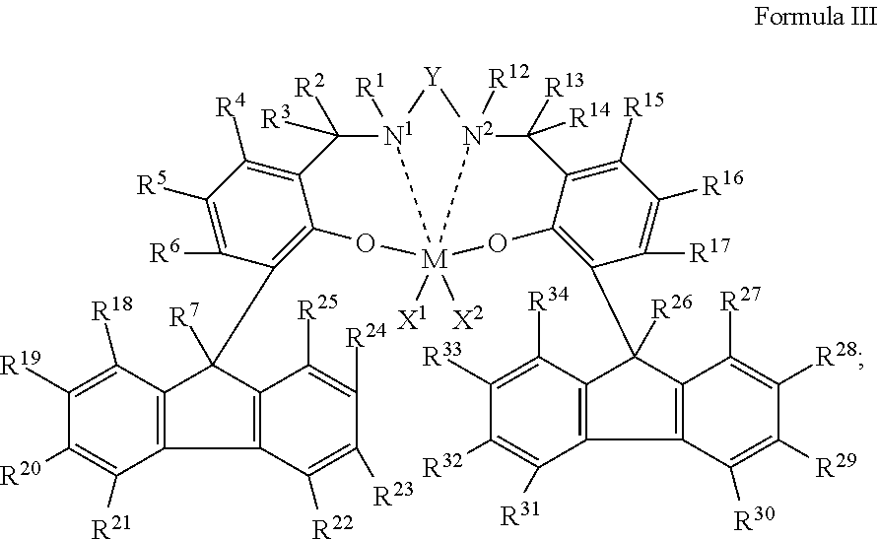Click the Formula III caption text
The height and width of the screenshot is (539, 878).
tap(814, 17)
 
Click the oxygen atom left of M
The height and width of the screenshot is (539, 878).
tap(365, 243)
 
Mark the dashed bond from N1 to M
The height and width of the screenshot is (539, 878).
tap(414, 199)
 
